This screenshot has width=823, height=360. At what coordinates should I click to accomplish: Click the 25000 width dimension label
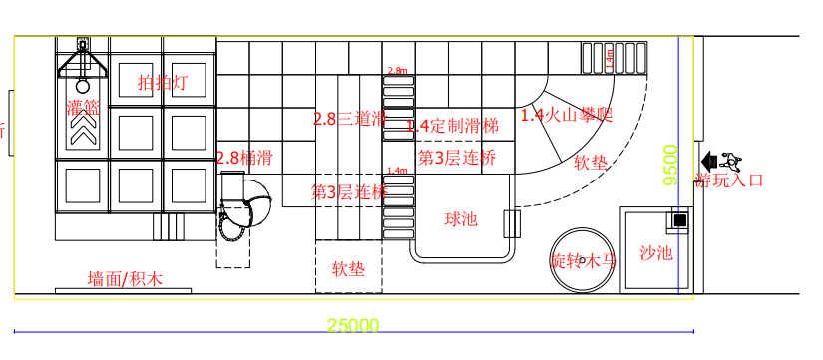(353, 325)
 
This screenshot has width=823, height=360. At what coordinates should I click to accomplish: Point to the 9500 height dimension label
(671, 166)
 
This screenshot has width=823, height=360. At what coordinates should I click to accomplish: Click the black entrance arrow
(709, 160)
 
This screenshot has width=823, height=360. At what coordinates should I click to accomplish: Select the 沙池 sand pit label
(656, 253)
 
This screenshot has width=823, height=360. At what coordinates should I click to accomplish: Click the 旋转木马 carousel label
(584, 261)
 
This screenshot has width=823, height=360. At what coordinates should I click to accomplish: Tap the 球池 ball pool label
(462, 218)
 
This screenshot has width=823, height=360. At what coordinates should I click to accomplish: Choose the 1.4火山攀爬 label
(565, 115)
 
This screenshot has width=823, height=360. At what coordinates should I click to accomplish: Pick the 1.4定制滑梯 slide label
(452, 126)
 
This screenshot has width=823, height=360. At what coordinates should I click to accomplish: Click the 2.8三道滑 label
(349, 119)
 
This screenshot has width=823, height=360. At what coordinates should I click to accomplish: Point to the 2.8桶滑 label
(244, 157)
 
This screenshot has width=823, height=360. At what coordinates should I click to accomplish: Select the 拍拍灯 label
(162, 83)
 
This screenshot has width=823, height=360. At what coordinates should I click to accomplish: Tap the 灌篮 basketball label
(83, 107)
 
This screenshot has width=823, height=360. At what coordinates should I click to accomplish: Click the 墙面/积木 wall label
(124, 278)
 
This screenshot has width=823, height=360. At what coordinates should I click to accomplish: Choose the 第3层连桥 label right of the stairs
(456, 157)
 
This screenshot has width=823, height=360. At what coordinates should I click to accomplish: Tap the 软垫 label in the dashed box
(348, 269)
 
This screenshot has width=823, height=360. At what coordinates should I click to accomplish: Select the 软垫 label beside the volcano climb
(590, 162)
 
